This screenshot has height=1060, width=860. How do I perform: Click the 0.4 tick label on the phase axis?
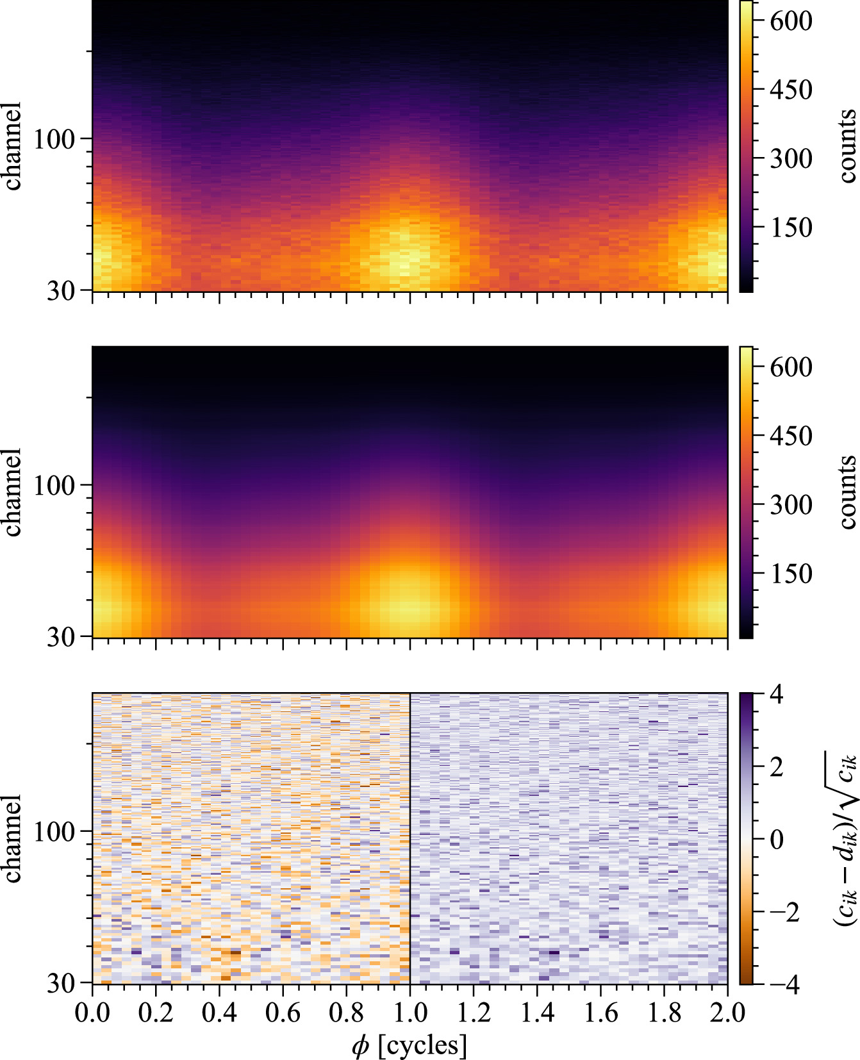point(219,1013)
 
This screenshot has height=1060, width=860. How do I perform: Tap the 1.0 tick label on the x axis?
point(409,1013)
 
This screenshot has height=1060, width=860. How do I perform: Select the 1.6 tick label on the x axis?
point(600,1013)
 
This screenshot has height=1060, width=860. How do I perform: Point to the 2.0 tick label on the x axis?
point(727,1013)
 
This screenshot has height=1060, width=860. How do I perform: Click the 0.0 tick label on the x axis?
point(92,1013)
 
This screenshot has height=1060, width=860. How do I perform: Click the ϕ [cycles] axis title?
point(409,1045)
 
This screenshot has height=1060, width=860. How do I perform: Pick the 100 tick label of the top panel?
point(54,139)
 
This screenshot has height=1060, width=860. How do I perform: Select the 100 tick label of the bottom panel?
point(54,832)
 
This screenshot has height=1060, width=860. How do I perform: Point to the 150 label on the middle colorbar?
point(791,574)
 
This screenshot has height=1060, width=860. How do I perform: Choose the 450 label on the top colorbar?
point(791,90)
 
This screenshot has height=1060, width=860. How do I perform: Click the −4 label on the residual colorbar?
point(783,984)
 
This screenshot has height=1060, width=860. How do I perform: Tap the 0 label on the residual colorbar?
point(776,839)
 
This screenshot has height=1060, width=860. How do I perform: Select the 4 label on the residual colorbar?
point(776,694)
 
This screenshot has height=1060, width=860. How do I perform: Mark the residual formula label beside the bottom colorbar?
point(845,839)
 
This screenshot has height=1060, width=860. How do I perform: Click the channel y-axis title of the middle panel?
point(13,492)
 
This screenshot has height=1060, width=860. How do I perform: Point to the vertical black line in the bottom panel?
point(409,833)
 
